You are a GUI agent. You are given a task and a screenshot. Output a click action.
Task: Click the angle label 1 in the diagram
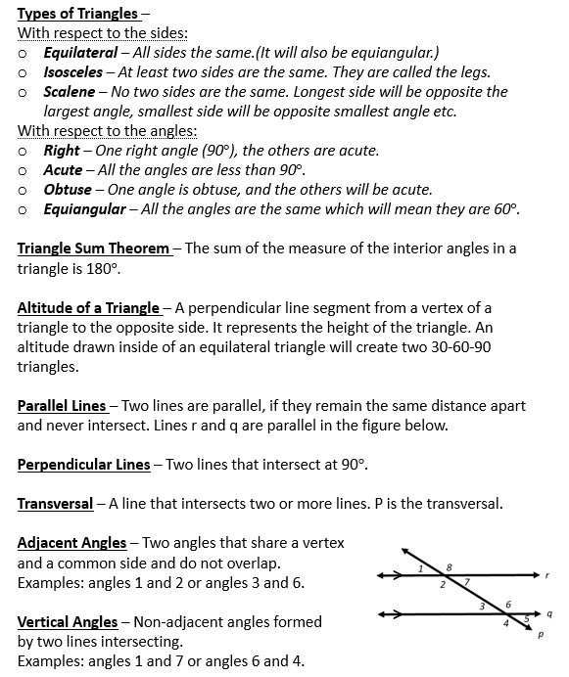[420, 568]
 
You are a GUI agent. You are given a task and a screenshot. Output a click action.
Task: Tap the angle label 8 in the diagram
[449, 566]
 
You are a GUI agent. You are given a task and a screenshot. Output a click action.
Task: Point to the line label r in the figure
[549, 574]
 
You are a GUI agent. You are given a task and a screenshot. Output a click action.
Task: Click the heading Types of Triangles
[77, 14]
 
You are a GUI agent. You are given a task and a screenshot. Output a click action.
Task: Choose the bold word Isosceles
[74, 71]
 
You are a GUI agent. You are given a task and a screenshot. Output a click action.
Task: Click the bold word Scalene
[69, 91]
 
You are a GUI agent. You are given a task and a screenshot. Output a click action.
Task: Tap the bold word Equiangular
[84, 208]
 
